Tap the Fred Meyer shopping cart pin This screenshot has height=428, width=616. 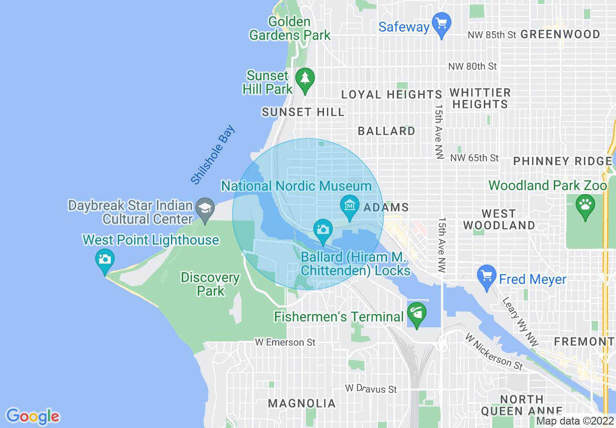pos(486,276)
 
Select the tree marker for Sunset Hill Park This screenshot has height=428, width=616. pos(305,79)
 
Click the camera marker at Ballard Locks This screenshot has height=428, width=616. pos(323,229)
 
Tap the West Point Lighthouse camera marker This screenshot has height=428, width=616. pos(104,260)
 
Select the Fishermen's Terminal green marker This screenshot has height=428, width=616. pos(416,313)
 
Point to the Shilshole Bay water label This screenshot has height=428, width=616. pos(213,155)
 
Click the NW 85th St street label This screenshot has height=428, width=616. pos(491,35)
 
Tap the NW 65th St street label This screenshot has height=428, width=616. pos(474,158)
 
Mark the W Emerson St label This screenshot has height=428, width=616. pos(285,343)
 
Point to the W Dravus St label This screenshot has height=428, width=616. pos(371,389)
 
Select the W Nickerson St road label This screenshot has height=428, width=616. pos(493,351)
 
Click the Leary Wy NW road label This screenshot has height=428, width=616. pos(520,321)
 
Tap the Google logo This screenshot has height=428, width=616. pos(33,416)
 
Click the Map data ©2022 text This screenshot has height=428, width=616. pos(575,421)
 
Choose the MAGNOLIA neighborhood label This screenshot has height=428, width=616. pos(302,403)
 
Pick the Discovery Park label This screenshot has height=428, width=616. pos(210,285)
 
